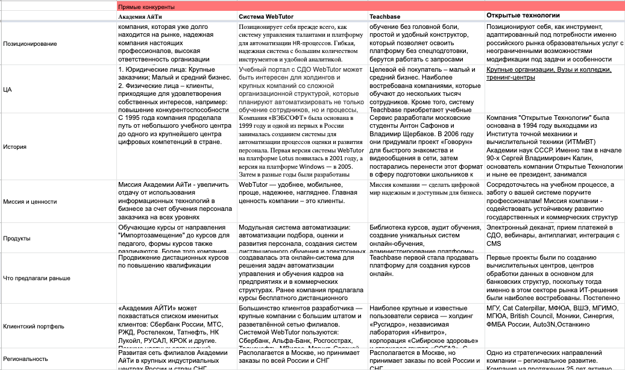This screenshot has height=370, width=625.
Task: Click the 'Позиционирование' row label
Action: tap(30, 44)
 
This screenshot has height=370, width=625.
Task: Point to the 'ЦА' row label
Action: tap(7, 89)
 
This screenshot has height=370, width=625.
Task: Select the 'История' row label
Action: tap(14, 146)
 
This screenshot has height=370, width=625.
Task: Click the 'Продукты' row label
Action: tap(17, 238)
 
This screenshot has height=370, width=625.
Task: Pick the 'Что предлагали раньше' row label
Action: tap(37, 278)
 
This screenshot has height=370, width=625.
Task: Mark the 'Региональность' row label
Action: tap(26, 358)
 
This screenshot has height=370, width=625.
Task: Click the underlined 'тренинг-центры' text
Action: tap(511, 78)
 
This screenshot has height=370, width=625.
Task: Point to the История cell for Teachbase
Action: tap(426, 146)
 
